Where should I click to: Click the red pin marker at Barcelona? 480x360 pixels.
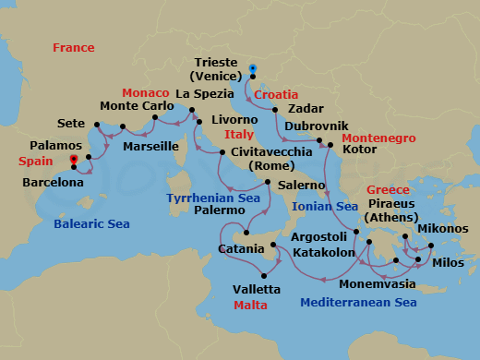(74, 158)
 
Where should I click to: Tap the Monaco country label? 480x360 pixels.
(147, 93)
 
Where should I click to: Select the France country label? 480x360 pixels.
(74, 47)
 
